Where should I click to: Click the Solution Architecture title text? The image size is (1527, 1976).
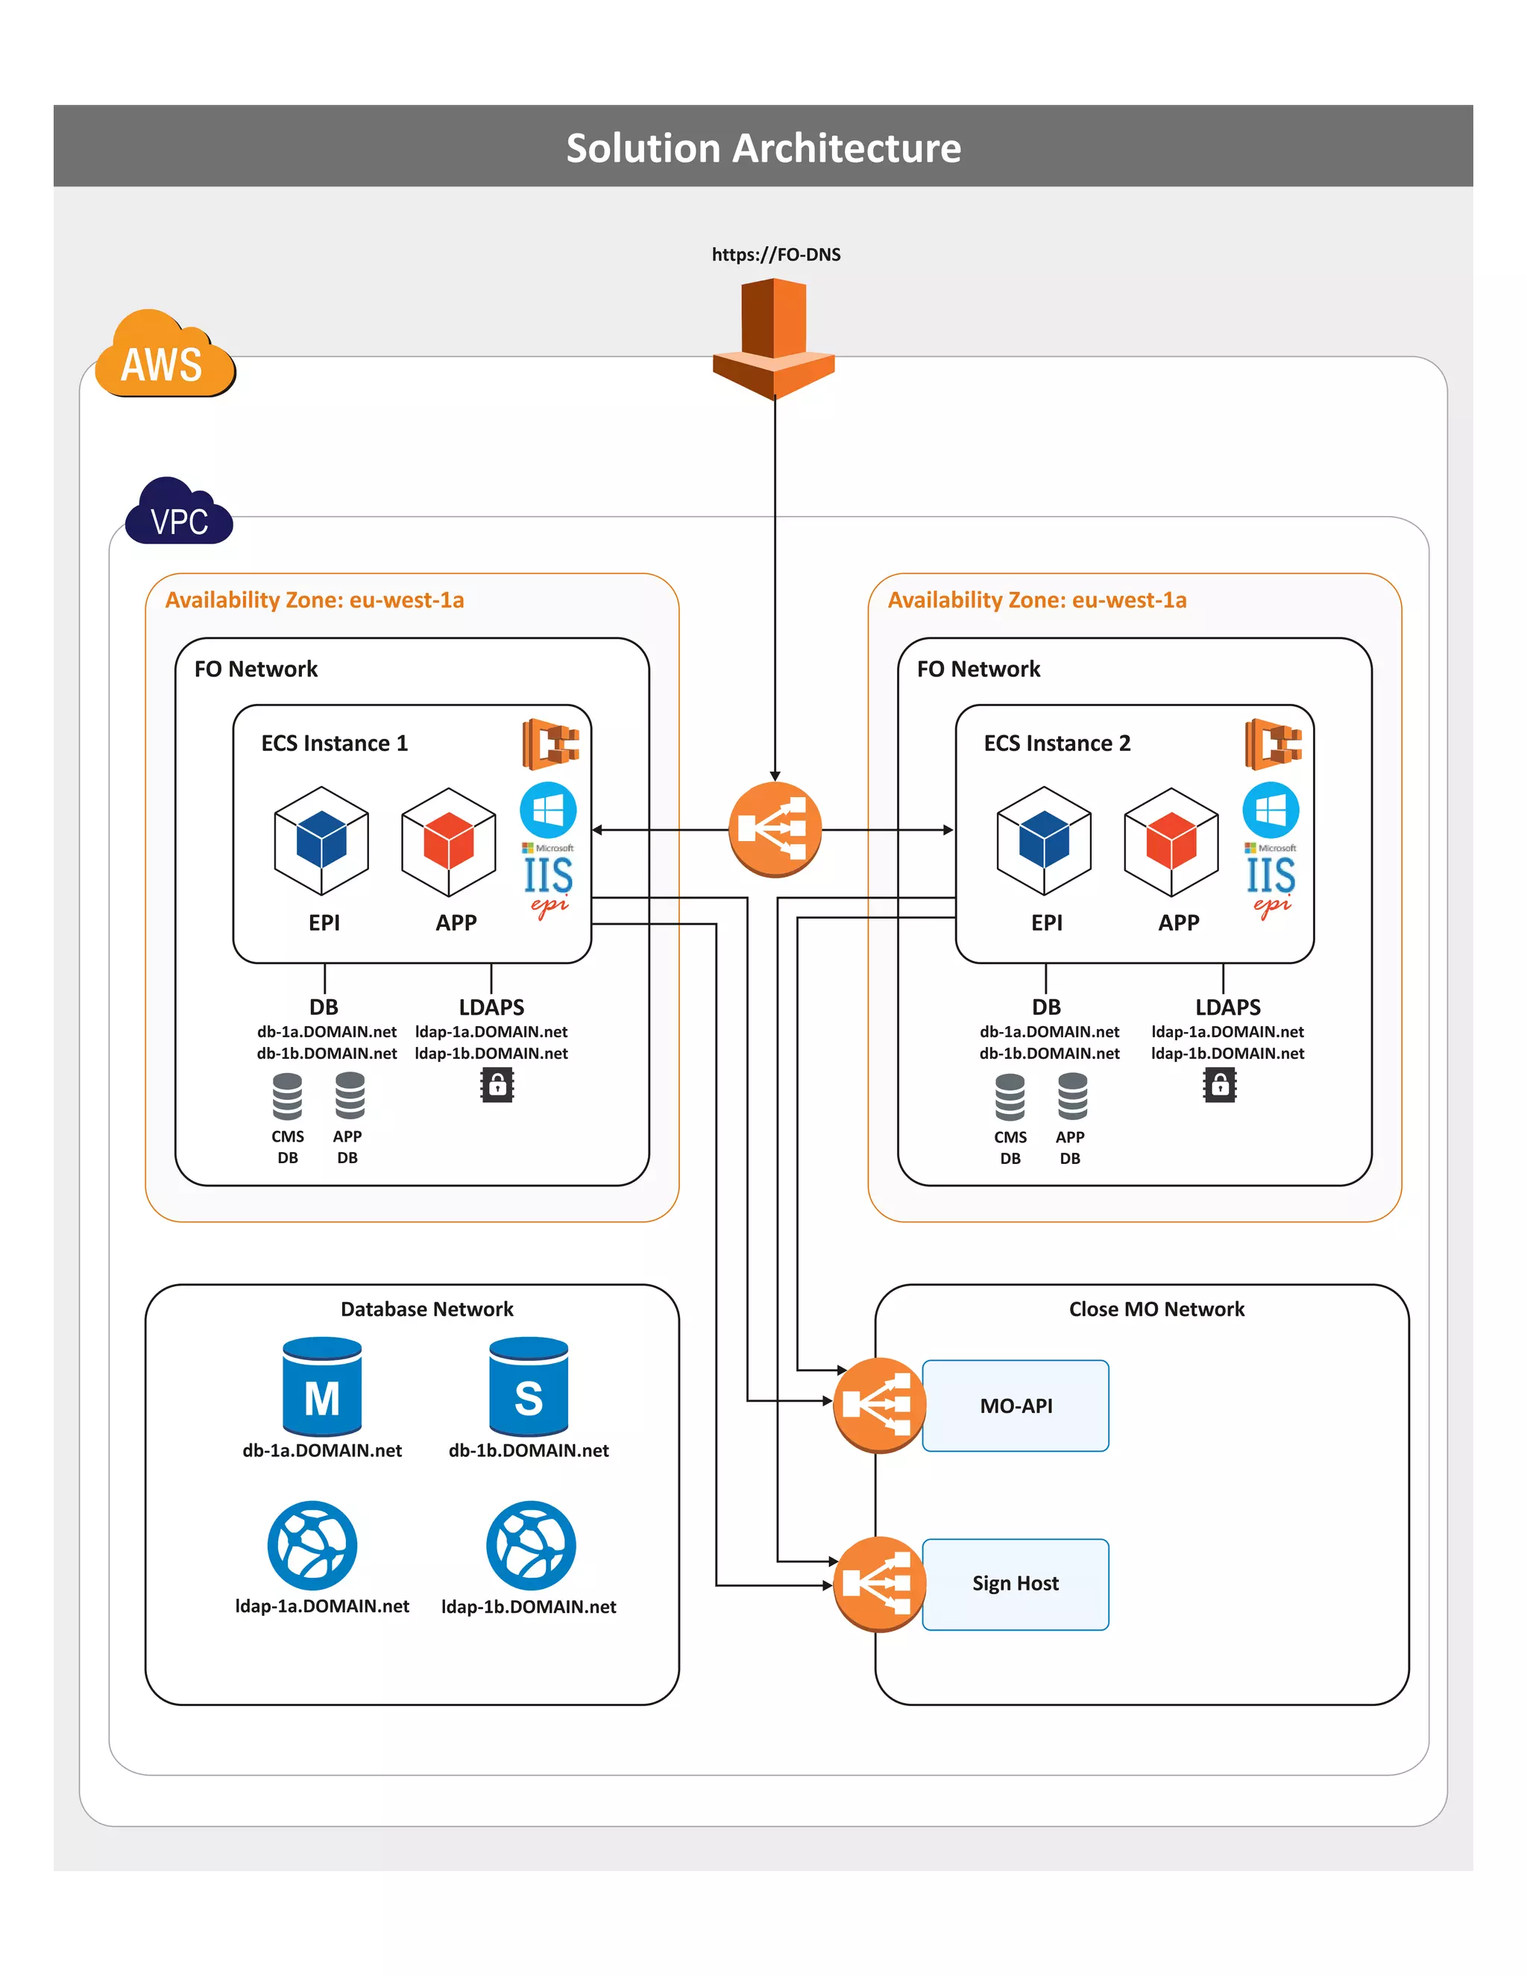(763, 148)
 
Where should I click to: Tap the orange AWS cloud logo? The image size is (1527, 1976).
(163, 356)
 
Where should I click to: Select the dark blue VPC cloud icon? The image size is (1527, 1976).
(179, 514)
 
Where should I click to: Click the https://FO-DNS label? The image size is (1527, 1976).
(775, 254)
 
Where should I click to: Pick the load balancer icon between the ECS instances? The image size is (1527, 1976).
(775, 828)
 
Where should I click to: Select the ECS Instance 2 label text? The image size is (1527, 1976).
(1057, 743)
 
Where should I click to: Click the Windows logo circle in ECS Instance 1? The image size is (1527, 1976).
(548, 810)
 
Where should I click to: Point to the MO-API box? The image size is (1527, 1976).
(1015, 1405)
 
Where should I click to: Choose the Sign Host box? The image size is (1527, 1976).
(1015, 1583)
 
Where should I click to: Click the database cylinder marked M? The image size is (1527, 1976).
(322, 1387)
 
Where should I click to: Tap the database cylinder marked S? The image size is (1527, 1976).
(529, 1387)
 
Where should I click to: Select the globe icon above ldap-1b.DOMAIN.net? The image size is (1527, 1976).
(531, 1545)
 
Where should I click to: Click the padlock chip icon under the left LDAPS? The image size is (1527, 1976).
(497, 1085)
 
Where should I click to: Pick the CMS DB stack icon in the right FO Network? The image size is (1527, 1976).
(1010, 1097)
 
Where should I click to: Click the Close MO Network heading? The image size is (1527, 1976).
(1156, 1309)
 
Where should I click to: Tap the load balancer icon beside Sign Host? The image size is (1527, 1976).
(878, 1583)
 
